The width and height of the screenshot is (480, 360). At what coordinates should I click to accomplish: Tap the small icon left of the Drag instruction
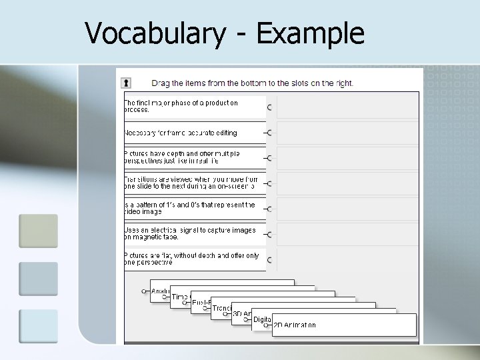[125, 83]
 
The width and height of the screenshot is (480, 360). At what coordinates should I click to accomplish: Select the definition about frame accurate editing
[181, 133]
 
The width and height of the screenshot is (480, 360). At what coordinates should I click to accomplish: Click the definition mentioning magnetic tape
[190, 234]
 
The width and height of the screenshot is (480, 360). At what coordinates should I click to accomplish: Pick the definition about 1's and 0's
[190, 209]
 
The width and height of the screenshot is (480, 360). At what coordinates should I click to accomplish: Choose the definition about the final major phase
[181, 107]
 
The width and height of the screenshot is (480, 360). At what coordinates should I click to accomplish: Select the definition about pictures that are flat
[192, 259]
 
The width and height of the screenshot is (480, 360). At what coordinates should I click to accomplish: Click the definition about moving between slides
[191, 183]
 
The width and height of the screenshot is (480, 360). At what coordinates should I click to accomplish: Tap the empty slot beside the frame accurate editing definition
[347, 133]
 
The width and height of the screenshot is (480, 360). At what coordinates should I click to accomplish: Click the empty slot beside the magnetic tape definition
[347, 234]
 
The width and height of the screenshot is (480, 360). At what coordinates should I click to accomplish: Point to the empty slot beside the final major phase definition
[347, 107]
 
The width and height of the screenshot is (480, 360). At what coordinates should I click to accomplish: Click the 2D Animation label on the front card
[295, 325]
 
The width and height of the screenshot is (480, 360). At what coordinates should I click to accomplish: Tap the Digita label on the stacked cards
[261, 319]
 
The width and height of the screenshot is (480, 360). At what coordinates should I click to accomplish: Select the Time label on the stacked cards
[179, 297]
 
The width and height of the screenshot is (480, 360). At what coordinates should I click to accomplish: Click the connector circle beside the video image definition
[269, 209]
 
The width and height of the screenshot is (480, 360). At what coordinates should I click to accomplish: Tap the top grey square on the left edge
[38, 231]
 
